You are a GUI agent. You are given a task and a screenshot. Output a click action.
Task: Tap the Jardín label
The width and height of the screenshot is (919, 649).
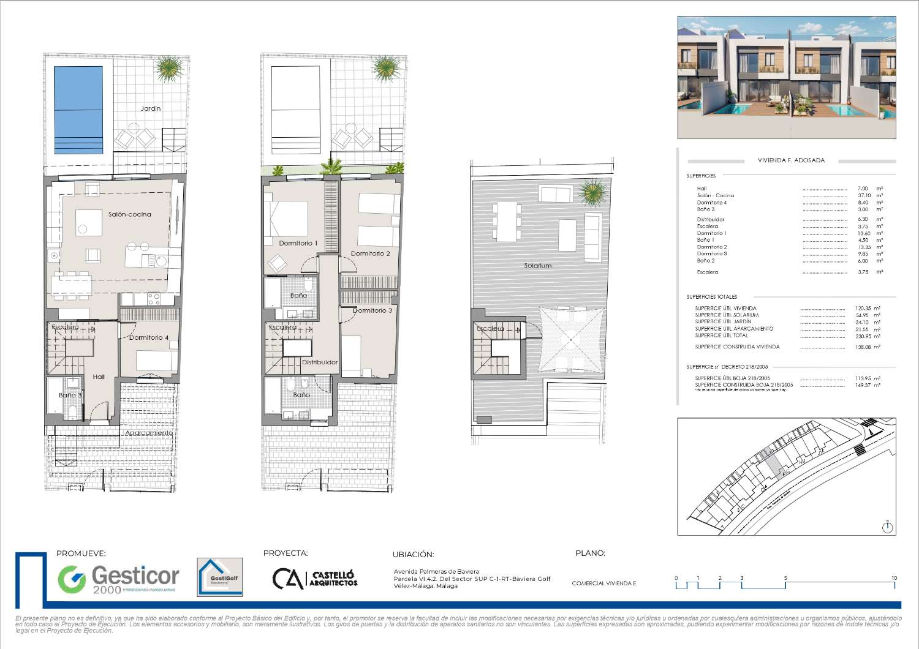pyautogui.click(x=151, y=108)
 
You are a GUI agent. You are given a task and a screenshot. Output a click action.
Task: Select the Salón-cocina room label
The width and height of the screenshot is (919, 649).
pyautogui.click(x=129, y=214)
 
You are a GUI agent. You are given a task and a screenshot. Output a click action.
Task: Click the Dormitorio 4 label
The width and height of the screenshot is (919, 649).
pyautogui.click(x=148, y=337)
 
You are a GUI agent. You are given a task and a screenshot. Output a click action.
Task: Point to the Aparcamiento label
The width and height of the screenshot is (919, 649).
pyautogui.click(x=149, y=433)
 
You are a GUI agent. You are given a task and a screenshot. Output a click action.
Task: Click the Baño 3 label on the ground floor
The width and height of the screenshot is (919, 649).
pyautogui.click(x=70, y=396)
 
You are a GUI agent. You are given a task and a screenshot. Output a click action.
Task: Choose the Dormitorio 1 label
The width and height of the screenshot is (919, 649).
pyautogui.click(x=298, y=243)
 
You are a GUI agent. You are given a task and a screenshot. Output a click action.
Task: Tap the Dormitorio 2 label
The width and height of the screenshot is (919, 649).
pyautogui.click(x=370, y=253)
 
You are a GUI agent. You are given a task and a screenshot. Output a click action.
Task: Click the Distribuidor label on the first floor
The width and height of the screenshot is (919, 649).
pyautogui.click(x=319, y=362)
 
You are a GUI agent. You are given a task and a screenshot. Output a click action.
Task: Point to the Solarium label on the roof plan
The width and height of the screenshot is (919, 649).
pyautogui.click(x=537, y=266)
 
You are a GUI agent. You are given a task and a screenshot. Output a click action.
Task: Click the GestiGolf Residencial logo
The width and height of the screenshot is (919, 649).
pyautogui.click(x=219, y=577)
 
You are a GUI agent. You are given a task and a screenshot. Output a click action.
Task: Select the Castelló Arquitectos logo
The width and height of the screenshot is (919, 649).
pyautogui.click(x=314, y=579)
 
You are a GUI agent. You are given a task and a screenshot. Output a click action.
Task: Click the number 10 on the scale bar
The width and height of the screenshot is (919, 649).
pyautogui.click(x=894, y=578)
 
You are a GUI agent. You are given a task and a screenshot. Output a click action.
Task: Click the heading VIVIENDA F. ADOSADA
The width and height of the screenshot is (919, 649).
pyautogui.click(x=791, y=160)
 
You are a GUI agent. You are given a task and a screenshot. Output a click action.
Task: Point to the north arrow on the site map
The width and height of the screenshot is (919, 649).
pyautogui.click(x=888, y=526)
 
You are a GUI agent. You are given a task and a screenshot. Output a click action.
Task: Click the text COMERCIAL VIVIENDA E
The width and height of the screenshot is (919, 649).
pyautogui.click(x=603, y=583)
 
